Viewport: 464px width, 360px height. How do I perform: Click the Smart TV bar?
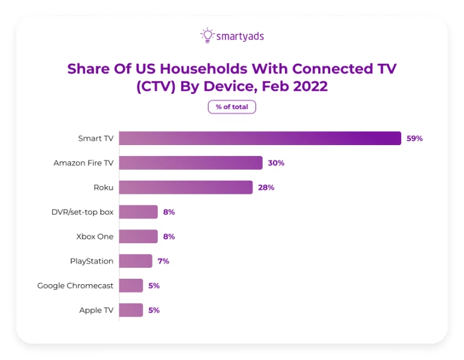260,138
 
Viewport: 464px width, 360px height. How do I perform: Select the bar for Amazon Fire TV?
190,163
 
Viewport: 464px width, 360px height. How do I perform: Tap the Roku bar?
186,187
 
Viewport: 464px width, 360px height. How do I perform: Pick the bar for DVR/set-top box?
138,212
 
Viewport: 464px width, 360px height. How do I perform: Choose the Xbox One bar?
138,237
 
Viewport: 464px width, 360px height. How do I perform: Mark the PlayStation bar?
136,261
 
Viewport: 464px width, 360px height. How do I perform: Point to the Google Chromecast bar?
131,285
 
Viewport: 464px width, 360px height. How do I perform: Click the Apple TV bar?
131,310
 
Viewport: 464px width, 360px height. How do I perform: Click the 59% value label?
415,138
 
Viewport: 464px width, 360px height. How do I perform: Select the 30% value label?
276,163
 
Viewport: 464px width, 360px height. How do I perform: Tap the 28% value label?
266,187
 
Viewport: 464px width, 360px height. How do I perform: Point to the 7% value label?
163,261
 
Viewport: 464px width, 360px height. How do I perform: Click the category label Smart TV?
96,138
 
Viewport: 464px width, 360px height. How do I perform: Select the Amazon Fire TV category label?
83,163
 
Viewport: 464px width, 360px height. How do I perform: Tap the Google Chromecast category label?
75,285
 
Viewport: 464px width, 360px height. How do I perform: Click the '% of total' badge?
232,107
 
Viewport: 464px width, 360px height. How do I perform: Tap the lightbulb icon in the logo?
207,36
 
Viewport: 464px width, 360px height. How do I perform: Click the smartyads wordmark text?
240,37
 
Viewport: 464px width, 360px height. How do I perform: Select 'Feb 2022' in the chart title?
295,86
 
